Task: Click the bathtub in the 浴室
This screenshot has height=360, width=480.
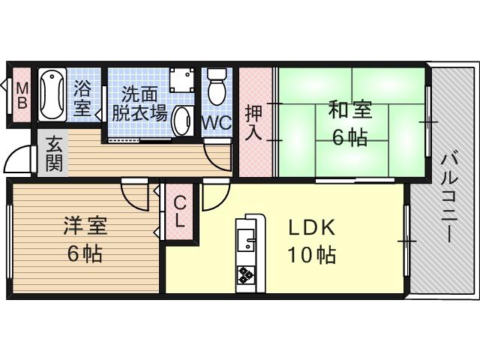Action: (52, 94)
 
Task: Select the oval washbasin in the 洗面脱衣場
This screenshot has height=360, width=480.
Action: (182, 121)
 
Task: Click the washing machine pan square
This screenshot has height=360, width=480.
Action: (181, 80)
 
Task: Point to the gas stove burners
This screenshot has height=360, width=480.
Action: (247, 274)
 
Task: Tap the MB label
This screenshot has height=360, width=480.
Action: (22, 96)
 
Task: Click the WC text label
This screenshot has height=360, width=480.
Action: (217, 123)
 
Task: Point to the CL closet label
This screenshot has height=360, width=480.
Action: (180, 211)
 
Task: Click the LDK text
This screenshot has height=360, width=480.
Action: (312, 228)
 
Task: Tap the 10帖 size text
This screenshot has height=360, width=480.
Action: (312, 255)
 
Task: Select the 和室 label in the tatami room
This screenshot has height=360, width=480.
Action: (350, 109)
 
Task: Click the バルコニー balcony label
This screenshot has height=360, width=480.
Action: (449, 199)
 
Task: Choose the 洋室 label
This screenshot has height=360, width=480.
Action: (85, 226)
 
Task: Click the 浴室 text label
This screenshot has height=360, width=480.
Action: (82, 98)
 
